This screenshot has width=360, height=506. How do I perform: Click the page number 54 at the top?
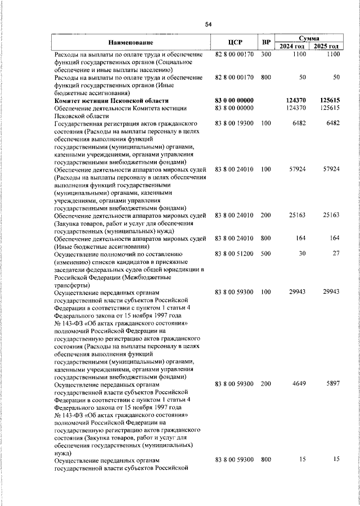pos(208,24)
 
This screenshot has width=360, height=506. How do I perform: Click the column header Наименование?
pos(131,43)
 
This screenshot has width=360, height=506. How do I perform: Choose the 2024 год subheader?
pos(292,46)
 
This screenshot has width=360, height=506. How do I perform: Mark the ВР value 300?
pos(266,54)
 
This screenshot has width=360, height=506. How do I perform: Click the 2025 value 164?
pos(334,238)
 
